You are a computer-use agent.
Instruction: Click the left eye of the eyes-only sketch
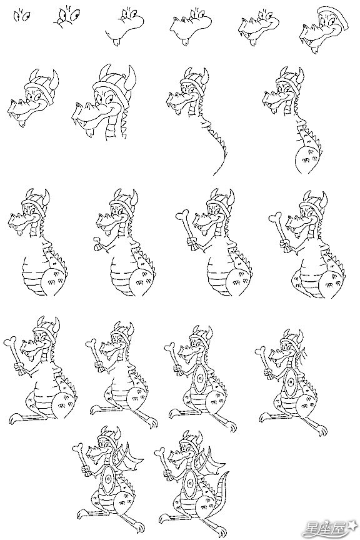[x=17, y=16]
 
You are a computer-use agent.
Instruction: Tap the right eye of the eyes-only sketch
[x=26, y=16]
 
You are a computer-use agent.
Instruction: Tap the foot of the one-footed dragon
[x=15, y=417]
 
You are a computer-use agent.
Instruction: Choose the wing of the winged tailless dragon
[x=132, y=457]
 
